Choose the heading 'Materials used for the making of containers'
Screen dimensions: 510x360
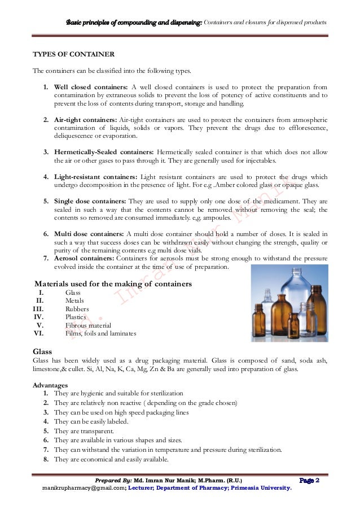(113, 283)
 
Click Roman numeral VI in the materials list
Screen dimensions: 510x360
(39, 334)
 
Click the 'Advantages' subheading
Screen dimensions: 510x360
(54, 384)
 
